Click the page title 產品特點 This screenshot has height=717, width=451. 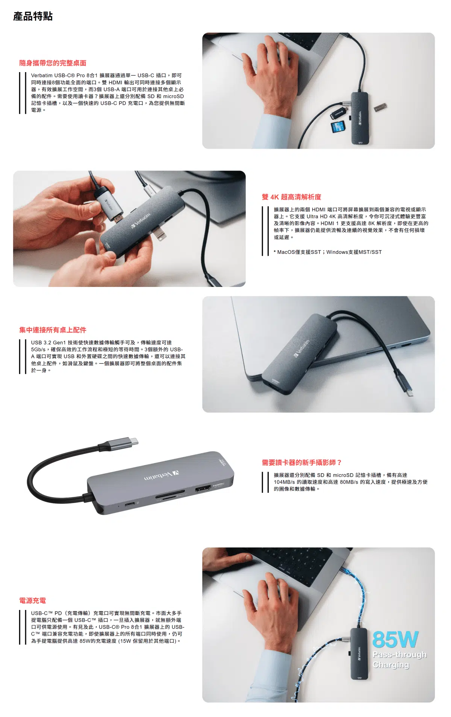point(33,17)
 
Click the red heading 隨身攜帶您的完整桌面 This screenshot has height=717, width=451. point(53,63)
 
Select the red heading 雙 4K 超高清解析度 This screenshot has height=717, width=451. point(291,197)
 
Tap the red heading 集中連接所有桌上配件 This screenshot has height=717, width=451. point(53,330)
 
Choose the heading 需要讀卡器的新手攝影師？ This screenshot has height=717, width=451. point(301,463)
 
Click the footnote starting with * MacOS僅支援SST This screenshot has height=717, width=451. point(327,252)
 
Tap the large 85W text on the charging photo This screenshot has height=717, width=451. point(395,640)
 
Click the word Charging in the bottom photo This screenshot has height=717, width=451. point(390,665)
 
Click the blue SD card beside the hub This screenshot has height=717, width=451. point(338,127)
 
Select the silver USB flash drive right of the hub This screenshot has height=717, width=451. point(380,108)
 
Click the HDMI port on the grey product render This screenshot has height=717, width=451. point(203,489)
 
